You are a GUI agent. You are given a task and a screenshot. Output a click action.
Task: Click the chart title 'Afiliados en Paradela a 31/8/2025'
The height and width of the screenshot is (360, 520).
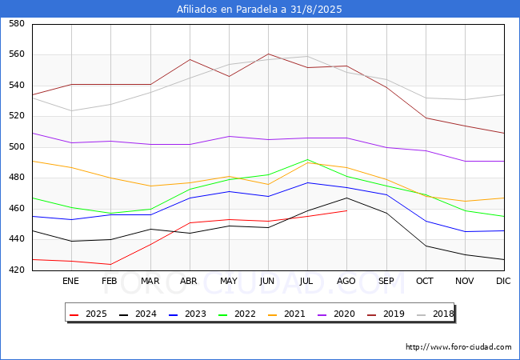click(x=260, y=10)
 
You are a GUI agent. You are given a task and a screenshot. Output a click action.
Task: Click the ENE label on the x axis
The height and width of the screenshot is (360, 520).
click(x=70, y=282)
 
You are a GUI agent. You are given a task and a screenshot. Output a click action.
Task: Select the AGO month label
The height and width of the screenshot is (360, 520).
click(x=346, y=282)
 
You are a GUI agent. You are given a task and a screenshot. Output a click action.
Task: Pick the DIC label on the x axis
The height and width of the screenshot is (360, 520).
click(x=503, y=282)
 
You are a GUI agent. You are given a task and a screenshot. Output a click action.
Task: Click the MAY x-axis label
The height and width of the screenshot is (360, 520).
click(x=229, y=282)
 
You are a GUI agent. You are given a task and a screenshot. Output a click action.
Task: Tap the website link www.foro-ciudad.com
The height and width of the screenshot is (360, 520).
click(x=458, y=347)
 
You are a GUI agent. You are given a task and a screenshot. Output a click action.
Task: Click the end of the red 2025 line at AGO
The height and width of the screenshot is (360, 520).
click(x=346, y=210)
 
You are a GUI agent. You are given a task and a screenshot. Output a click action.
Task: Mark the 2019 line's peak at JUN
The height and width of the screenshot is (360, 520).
click(x=268, y=54)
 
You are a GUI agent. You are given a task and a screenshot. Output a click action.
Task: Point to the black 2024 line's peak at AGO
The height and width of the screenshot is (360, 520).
click(x=346, y=198)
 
